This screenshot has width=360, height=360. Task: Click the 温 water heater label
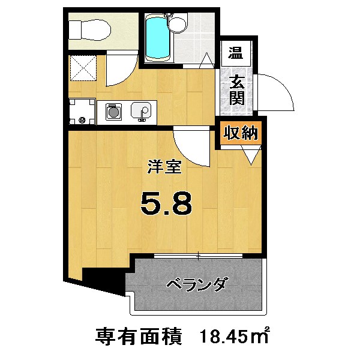pos(235,52)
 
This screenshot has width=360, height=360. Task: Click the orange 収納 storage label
pos(241,133)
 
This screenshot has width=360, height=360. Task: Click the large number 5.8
pos(166,204)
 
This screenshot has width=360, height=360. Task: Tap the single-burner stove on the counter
pos(112,112)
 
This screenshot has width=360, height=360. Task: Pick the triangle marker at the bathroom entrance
pos(206,60)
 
